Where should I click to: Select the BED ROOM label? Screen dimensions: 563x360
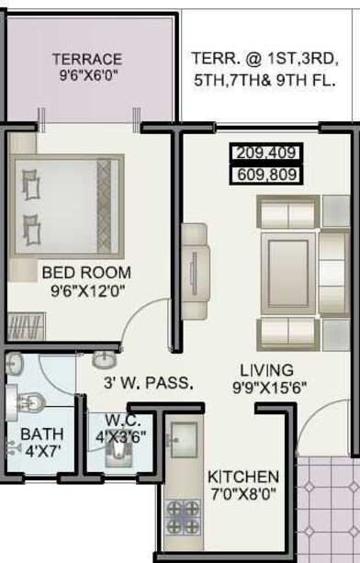pos(86,272)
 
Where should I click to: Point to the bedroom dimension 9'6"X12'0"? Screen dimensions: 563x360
pos(86,291)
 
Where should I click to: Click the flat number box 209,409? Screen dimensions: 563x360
pos(266,153)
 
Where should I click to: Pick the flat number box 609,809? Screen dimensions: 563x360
pos(266,173)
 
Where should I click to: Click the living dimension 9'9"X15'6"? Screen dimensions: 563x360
pos(270,388)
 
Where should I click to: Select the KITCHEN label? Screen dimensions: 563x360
pos(243,478)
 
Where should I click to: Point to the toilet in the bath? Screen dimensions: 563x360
pos(31,400)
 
